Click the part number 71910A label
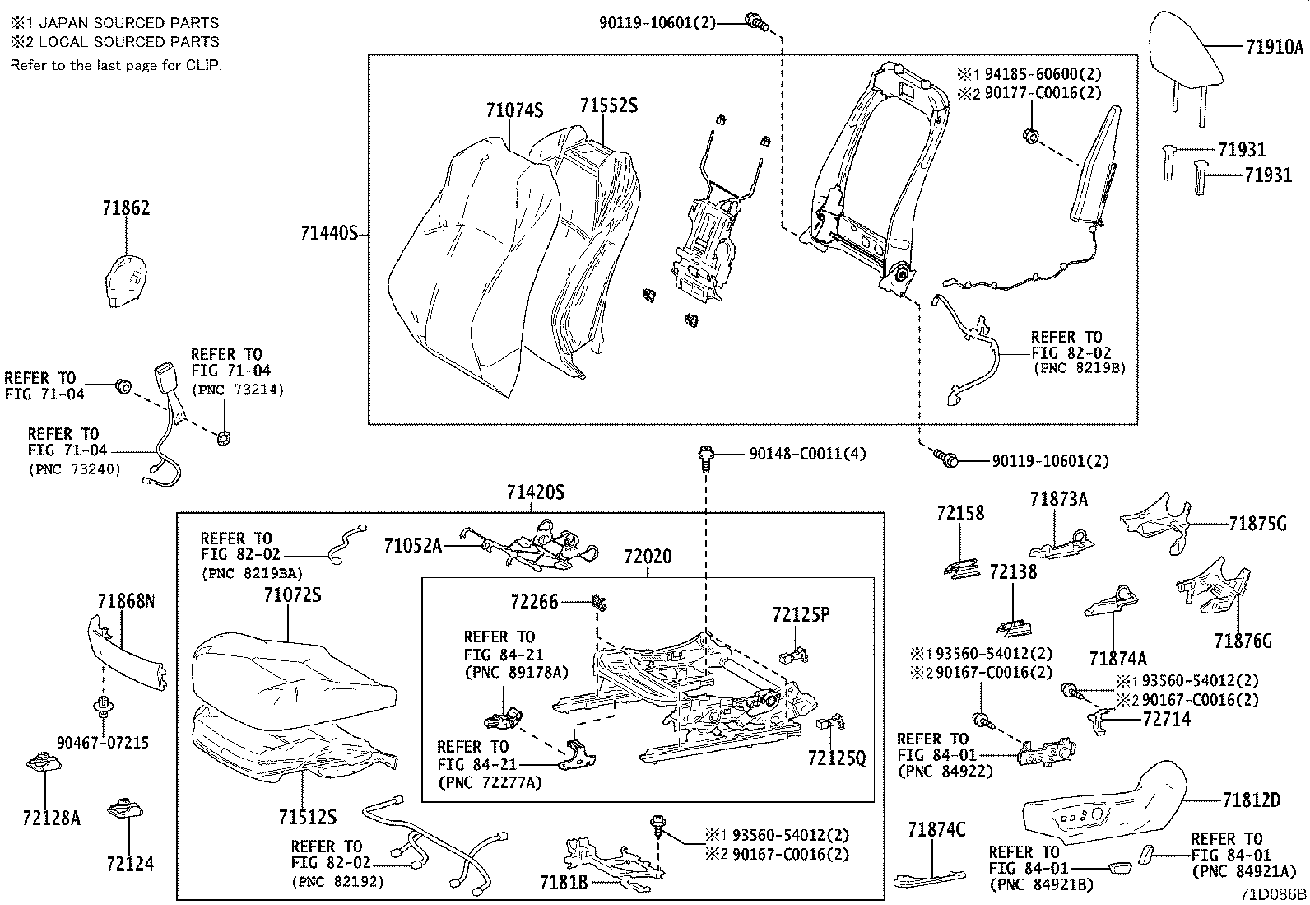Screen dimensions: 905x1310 point(1274,47)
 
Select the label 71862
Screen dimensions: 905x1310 point(126,208)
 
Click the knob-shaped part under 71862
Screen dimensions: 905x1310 point(128,280)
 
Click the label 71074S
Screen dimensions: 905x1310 point(514,110)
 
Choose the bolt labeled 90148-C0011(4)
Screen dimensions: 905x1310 point(705,455)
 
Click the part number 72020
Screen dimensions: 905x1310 point(647,557)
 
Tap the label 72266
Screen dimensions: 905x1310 point(534,602)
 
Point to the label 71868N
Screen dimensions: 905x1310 point(126,602)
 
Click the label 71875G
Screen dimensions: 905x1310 point(1257,524)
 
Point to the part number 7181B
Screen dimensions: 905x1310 point(564,882)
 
